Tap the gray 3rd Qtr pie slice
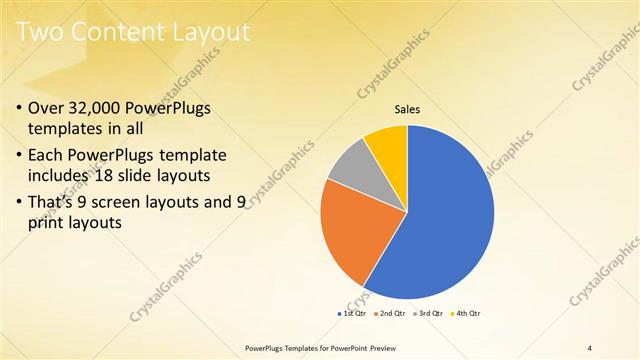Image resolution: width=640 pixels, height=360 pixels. (349, 167)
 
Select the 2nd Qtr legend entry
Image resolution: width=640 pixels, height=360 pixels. (392, 314)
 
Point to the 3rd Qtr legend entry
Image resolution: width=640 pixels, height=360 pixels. (430, 314)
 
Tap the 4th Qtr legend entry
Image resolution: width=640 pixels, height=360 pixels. (466, 314)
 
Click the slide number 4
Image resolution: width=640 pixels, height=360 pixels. (589, 348)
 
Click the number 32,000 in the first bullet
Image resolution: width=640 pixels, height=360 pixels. (99, 108)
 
